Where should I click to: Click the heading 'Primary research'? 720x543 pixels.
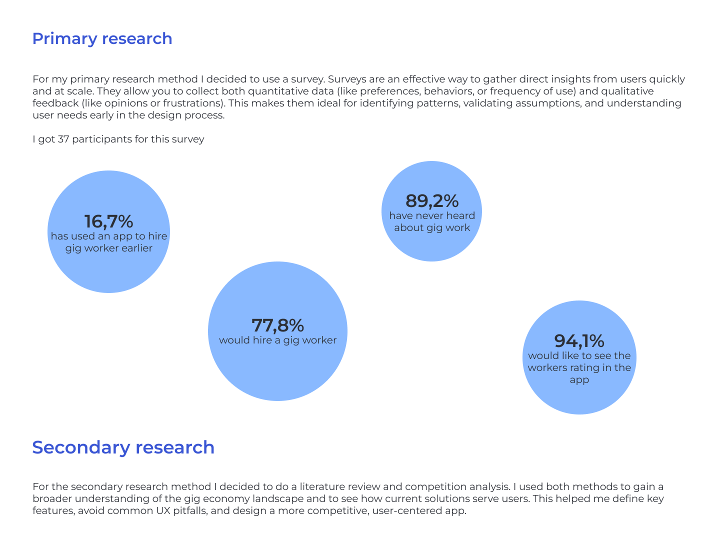point(102,38)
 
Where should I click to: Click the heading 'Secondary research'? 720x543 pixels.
point(123,447)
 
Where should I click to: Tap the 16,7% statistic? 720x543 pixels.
point(108,221)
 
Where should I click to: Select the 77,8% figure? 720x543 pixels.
point(277,325)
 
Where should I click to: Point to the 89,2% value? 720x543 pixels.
point(431,201)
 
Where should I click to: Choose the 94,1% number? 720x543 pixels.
point(579,341)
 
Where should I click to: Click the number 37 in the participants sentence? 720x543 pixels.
point(63,139)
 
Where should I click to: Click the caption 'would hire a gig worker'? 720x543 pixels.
point(277,340)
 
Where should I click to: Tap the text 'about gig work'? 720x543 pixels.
point(432,228)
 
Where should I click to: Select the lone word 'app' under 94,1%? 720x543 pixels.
point(579,380)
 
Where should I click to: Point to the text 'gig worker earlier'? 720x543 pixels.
point(108,248)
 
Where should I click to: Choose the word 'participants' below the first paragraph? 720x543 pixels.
point(102,139)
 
